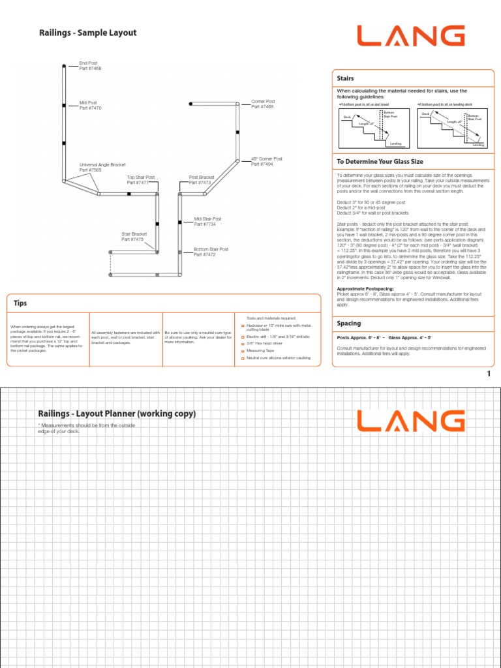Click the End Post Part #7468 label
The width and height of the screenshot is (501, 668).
pyautogui.click(x=90, y=66)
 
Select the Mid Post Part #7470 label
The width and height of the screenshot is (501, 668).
pyautogui.click(x=90, y=105)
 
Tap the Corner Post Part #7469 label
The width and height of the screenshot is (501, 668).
pyautogui.click(x=263, y=104)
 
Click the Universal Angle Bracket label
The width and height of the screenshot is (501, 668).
pyautogui.click(x=102, y=168)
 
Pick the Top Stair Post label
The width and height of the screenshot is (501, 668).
pyautogui.click(x=140, y=180)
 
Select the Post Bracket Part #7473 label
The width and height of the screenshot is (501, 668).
pyautogui.click(x=202, y=180)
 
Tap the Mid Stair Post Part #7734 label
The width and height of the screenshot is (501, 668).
pyautogui.click(x=207, y=222)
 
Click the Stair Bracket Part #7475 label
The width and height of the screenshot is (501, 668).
pyautogui.click(x=133, y=237)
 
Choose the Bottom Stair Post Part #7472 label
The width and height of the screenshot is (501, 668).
pyautogui.click(x=211, y=252)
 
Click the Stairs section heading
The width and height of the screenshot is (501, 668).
pyautogui.click(x=345, y=78)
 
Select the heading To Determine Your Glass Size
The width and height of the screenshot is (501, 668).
pyautogui.click(x=380, y=161)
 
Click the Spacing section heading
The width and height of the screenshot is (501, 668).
pyautogui.click(x=349, y=324)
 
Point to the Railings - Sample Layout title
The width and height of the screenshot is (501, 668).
pyautogui.click(x=87, y=33)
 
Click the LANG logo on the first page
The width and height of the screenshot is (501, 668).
pyautogui.click(x=410, y=37)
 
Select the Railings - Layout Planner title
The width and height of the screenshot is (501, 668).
pyautogui.click(x=117, y=414)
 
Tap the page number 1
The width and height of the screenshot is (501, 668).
pyautogui.click(x=487, y=374)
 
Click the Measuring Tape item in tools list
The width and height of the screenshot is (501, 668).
pyautogui.click(x=261, y=351)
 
